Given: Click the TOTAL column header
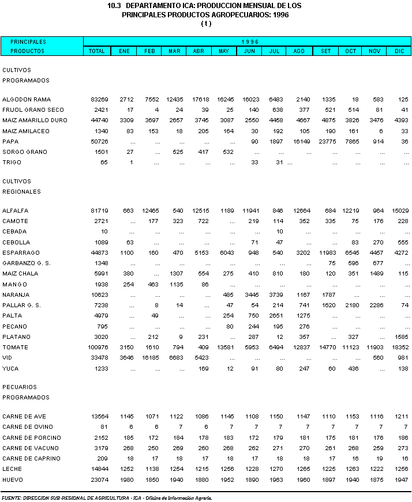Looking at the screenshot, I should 97,51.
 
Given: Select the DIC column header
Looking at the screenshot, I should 399,51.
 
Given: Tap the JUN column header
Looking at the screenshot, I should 250,51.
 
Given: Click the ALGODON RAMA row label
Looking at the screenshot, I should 23,99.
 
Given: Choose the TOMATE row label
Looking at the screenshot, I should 15,347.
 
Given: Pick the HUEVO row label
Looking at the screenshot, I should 13,480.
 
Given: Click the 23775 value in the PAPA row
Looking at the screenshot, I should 326,141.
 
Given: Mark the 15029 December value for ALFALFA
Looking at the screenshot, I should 399,210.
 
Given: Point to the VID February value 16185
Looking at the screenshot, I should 149,357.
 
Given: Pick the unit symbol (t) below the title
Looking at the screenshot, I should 206,24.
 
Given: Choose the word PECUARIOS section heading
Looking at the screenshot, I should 20,387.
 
